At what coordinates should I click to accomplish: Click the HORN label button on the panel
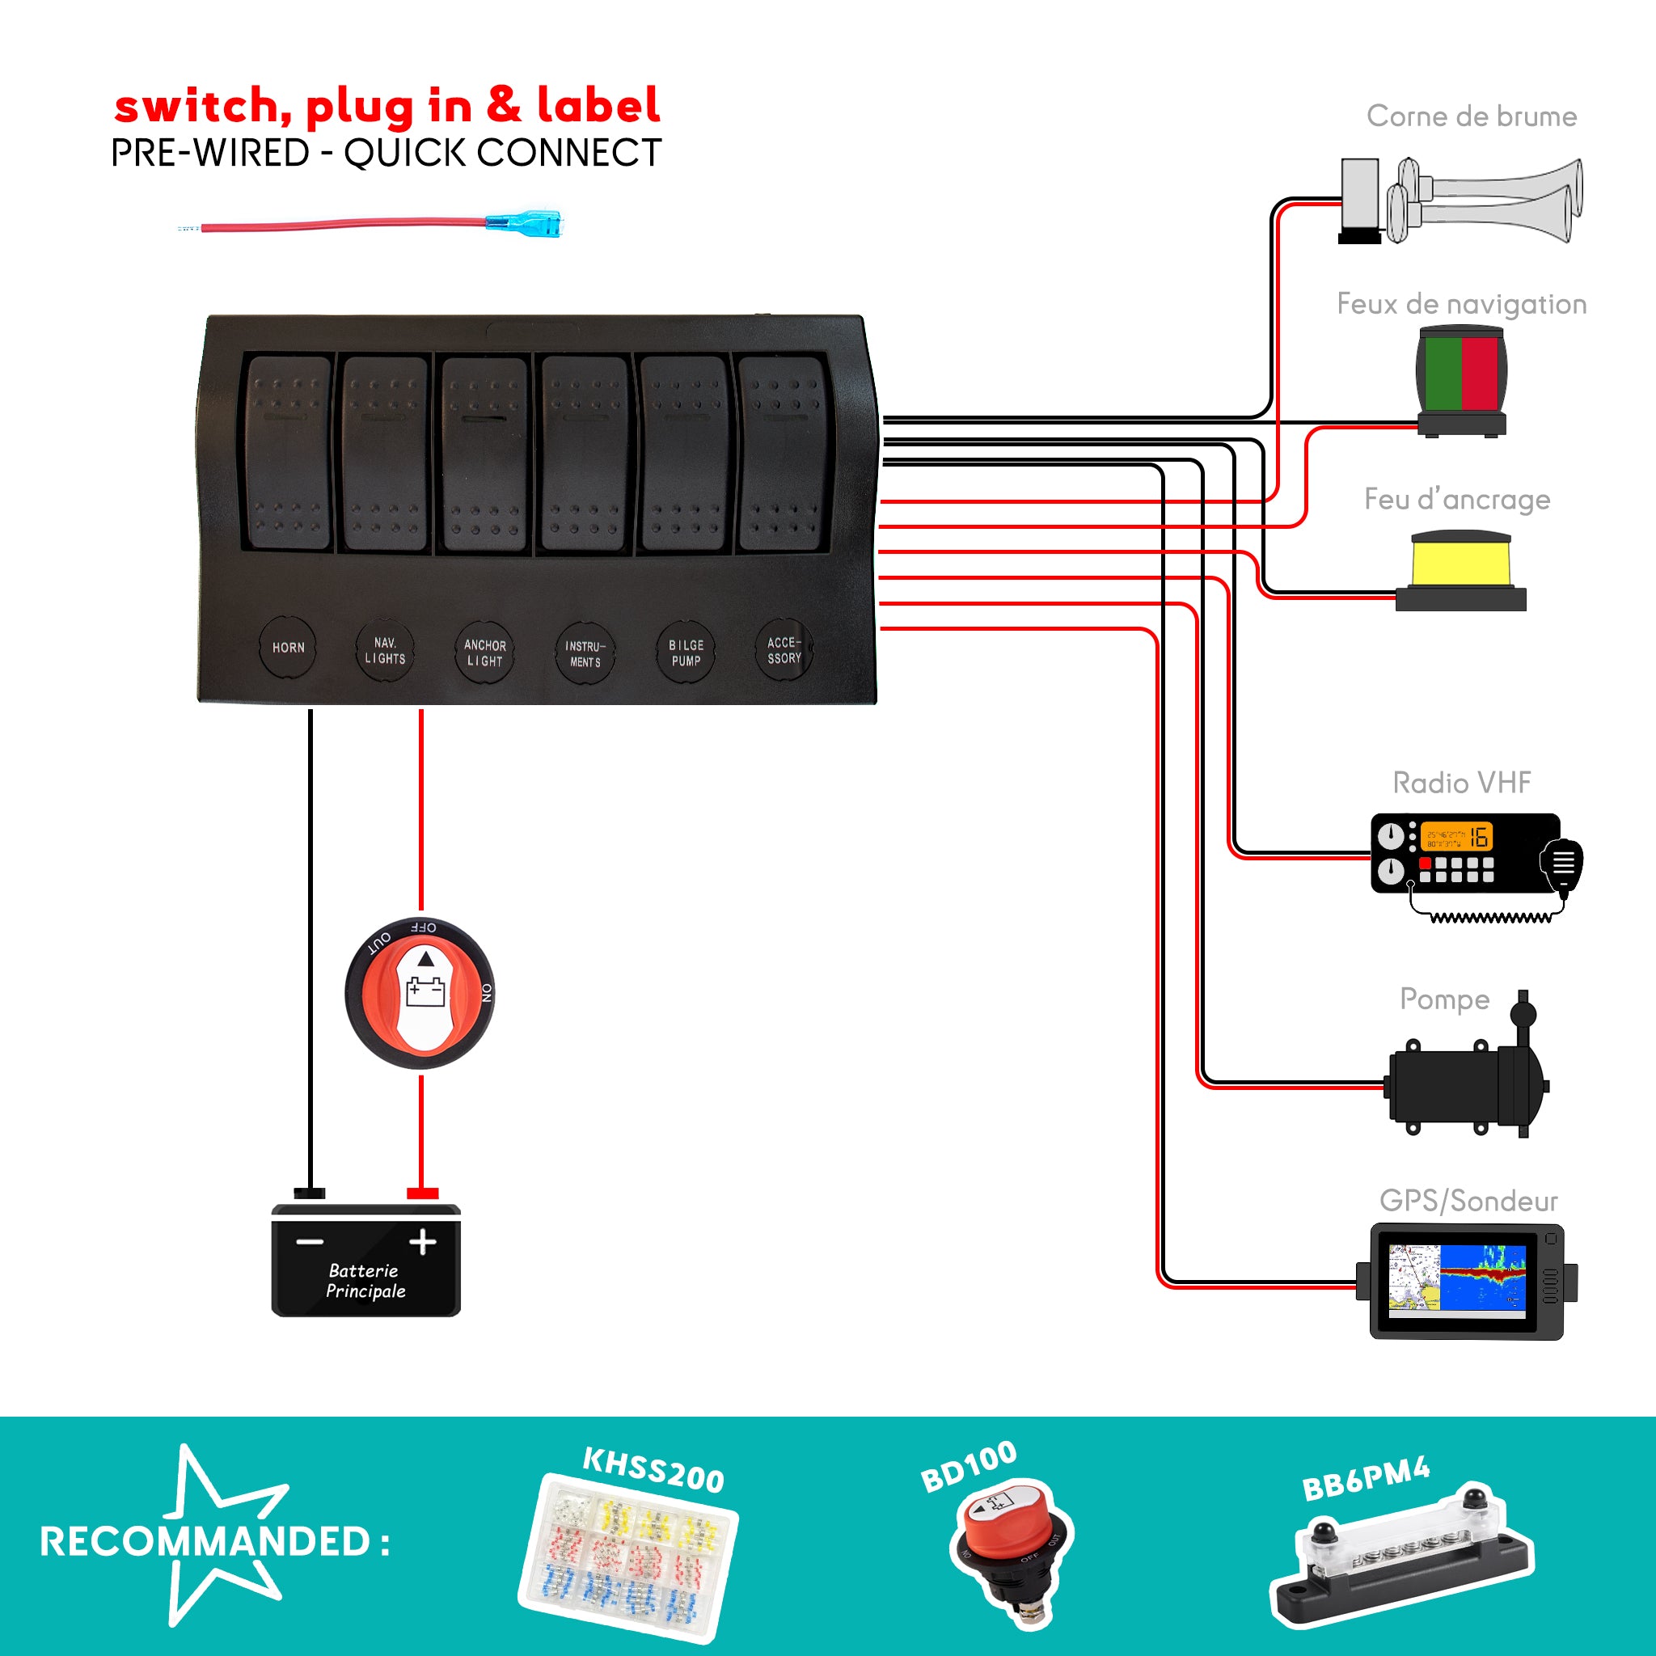pyautogui.click(x=288, y=648)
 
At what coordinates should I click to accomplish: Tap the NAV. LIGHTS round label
pyautogui.click(x=385, y=651)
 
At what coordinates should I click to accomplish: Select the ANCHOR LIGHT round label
pyautogui.click(x=484, y=653)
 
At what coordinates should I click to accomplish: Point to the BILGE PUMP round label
pyautogui.click(x=686, y=653)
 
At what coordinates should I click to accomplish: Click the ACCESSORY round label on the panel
pyautogui.click(x=784, y=651)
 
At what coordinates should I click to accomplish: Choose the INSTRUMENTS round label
pyautogui.click(x=585, y=654)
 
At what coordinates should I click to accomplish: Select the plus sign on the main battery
pyautogui.click(x=423, y=1241)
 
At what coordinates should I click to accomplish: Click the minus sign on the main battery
pyautogui.click(x=310, y=1241)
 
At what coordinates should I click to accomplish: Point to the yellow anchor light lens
pyautogui.click(x=1460, y=560)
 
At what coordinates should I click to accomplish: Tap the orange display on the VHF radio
pyautogui.click(x=1456, y=836)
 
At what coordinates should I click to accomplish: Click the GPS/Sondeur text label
pyautogui.click(x=1468, y=1201)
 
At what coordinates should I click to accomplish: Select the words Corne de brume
pyautogui.click(x=1471, y=116)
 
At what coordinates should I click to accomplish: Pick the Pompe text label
pyautogui.click(x=1444, y=999)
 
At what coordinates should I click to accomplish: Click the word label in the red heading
pyautogui.click(x=598, y=105)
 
